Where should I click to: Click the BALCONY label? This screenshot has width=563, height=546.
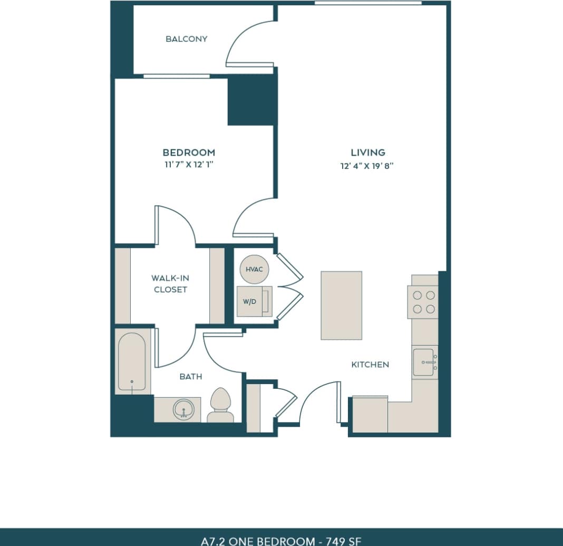187,39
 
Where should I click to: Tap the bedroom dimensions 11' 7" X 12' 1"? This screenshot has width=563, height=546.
189,165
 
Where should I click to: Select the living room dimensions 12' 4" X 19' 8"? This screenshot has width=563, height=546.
367,166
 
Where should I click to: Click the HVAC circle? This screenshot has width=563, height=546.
255,269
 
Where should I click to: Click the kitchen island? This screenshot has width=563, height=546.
341,305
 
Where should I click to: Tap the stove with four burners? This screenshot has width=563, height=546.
423,302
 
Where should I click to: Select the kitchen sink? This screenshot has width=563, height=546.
425,362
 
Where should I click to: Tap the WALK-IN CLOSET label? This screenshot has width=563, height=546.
170,284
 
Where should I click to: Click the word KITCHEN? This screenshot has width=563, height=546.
370,365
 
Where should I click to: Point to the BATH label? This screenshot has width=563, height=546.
190,377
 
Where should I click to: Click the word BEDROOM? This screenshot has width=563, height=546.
189,152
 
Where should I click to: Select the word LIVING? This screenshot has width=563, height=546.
368,152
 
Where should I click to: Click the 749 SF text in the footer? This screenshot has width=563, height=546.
345,541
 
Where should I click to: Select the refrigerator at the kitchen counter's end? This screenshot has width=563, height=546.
370,414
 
